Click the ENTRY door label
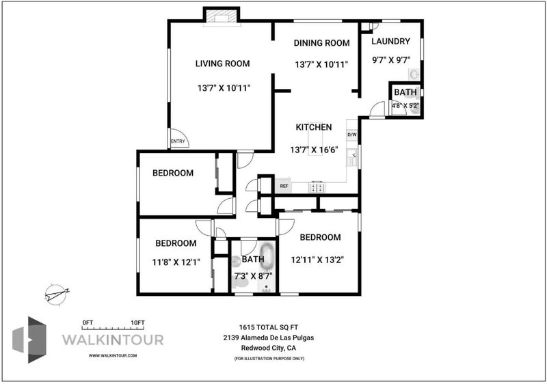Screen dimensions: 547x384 point(178,141)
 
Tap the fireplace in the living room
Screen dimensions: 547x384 point(222,17)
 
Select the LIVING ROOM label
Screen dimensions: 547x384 point(223,64)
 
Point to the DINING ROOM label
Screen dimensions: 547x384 point(321,43)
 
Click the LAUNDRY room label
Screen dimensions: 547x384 point(390,41)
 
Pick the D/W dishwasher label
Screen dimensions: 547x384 point(352,135)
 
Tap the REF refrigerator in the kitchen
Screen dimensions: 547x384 point(284,186)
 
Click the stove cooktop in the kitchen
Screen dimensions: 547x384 point(317,187)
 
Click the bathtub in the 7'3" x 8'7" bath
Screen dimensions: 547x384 point(267,257)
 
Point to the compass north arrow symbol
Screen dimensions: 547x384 point(57,294)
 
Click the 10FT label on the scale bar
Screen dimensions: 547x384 point(137,323)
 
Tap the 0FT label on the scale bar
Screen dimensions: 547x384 point(88,323)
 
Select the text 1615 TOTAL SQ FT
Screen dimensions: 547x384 point(268,327)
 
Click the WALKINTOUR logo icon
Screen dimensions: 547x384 point(29,340)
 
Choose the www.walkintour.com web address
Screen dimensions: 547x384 point(113,356)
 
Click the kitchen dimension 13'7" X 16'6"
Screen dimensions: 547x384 point(314,150)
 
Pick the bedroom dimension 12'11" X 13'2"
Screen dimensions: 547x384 point(317,260)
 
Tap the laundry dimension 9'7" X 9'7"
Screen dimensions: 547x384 point(390,60)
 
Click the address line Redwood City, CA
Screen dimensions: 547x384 point(268,348)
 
